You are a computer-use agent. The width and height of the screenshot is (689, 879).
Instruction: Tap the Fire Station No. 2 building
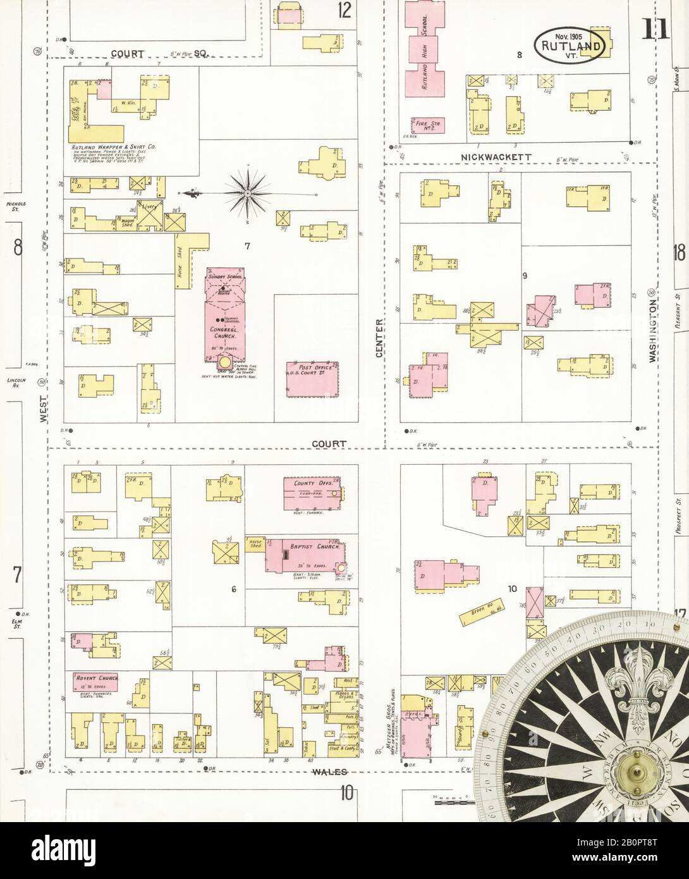[426, 125]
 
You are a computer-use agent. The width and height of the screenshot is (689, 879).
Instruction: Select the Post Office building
[312, 379]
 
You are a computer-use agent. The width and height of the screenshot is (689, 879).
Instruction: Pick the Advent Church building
[95, 682]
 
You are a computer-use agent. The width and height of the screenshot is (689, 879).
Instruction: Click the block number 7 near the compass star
[247, 247]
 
